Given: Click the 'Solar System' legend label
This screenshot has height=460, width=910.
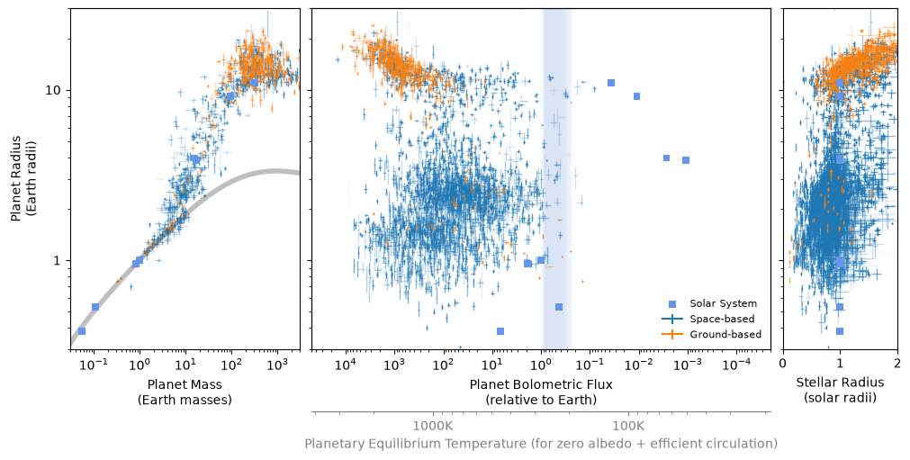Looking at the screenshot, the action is (x=723, y=303).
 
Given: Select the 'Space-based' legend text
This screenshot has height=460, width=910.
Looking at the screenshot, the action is (x=722, y=319).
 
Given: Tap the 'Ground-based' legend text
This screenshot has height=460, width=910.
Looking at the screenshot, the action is (x=725, y=334).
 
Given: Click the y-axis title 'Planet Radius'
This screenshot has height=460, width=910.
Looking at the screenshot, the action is (x=16, y=178).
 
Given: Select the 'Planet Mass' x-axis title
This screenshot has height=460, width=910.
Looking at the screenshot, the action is (x=185, y=384).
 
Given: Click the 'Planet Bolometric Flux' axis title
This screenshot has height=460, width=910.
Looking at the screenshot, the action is (x=541, y=384).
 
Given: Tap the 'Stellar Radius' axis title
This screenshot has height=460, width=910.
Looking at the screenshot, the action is (x=840, y=383).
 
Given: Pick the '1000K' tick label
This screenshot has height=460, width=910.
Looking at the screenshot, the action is (x=432, y=426).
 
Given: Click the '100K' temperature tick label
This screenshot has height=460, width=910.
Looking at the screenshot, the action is (x=628, y=426).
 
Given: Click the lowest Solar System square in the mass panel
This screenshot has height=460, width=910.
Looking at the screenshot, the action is (x=82, y=331).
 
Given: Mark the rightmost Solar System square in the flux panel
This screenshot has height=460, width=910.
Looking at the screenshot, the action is (x=686, y=160).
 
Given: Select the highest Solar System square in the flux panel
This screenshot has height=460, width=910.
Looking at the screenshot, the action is (x=611, y=83).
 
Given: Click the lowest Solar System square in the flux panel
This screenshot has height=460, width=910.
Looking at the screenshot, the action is (x=500, y=331).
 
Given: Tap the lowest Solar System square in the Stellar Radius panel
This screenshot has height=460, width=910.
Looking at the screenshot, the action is (x=840, y=331).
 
